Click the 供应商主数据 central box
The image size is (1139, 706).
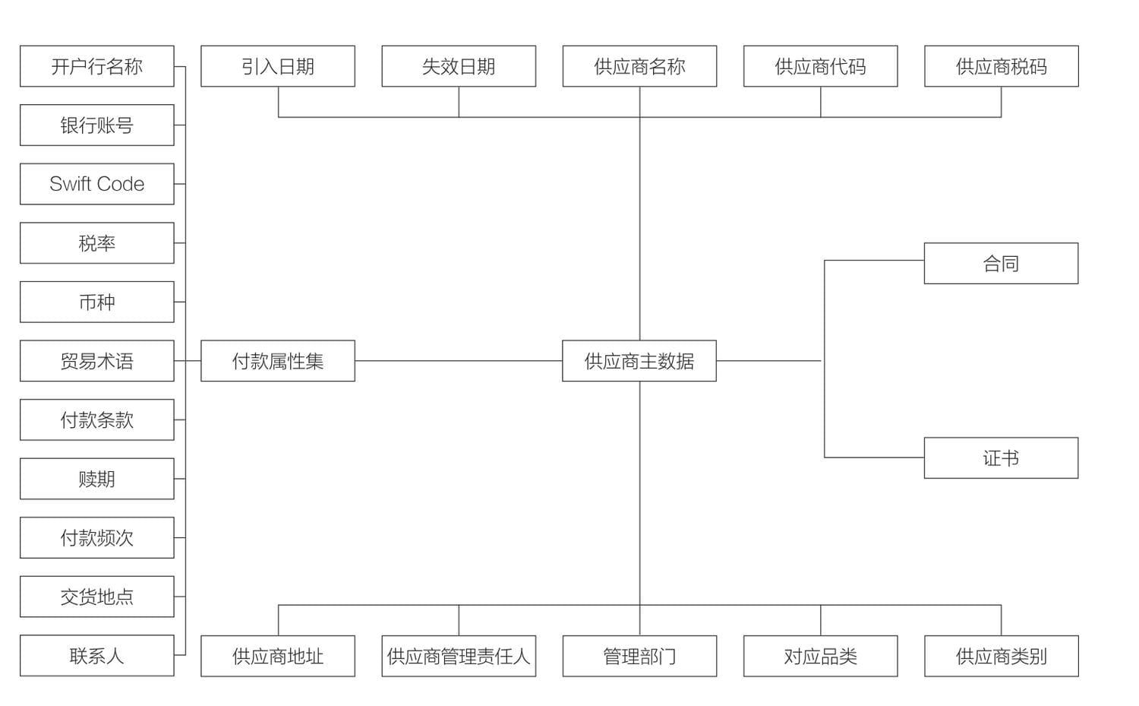639,361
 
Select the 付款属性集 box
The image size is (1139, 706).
278,361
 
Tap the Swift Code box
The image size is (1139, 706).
97,184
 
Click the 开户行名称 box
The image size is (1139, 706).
97,66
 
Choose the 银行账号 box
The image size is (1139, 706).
97,125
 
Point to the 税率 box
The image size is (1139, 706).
97,242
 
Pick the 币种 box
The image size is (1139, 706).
97,302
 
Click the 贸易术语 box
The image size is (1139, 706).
97,361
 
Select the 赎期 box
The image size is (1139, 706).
97,479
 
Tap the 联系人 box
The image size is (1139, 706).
97,656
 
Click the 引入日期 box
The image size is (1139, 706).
278,66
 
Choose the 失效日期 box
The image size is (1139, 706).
459,66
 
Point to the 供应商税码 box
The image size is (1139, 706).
1002,66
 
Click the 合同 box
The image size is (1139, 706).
1002,263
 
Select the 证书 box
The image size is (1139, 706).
1002,457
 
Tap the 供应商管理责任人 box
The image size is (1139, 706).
459,656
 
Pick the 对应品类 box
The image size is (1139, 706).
820,656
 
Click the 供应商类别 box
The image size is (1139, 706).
1002,656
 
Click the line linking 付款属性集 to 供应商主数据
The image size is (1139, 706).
459,361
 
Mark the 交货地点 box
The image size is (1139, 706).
97,597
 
